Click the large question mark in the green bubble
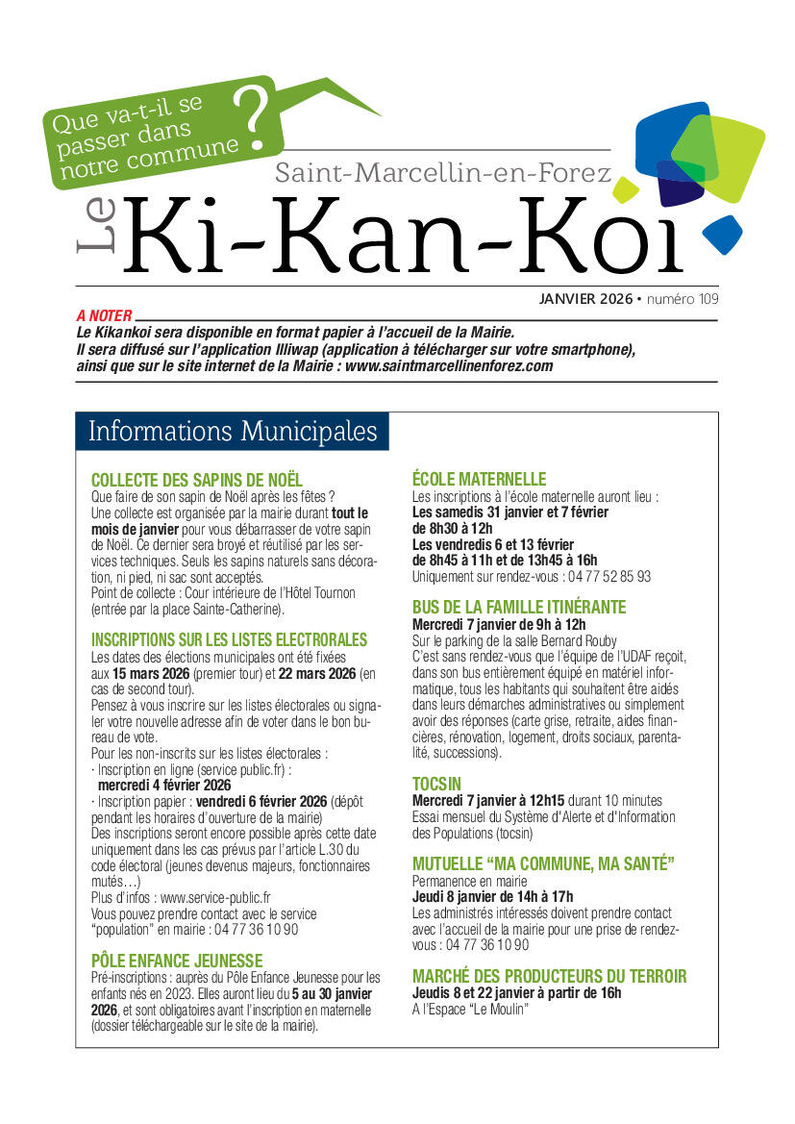click(x=256, y=120)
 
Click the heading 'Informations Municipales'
click(x=232, y=431)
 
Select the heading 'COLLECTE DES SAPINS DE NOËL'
click(x=196, y=479)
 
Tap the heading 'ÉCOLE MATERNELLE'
click(x=479, y=479)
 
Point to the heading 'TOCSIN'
click(x=438, y=783)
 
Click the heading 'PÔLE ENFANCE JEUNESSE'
click(x=176, y=960)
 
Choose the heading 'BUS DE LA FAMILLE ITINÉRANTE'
click(x=518, y=607)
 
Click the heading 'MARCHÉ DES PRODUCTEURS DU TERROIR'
click(x=549, y=976)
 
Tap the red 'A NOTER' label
click(x=104, y=314)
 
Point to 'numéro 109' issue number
click(x=683, y=299)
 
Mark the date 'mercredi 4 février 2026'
click(x=163, y=785)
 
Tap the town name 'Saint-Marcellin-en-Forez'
click(x=443, y=173)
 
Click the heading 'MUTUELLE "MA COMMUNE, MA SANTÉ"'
click(x=543, y=863)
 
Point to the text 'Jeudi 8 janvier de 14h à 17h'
click(x=492, y=896)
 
